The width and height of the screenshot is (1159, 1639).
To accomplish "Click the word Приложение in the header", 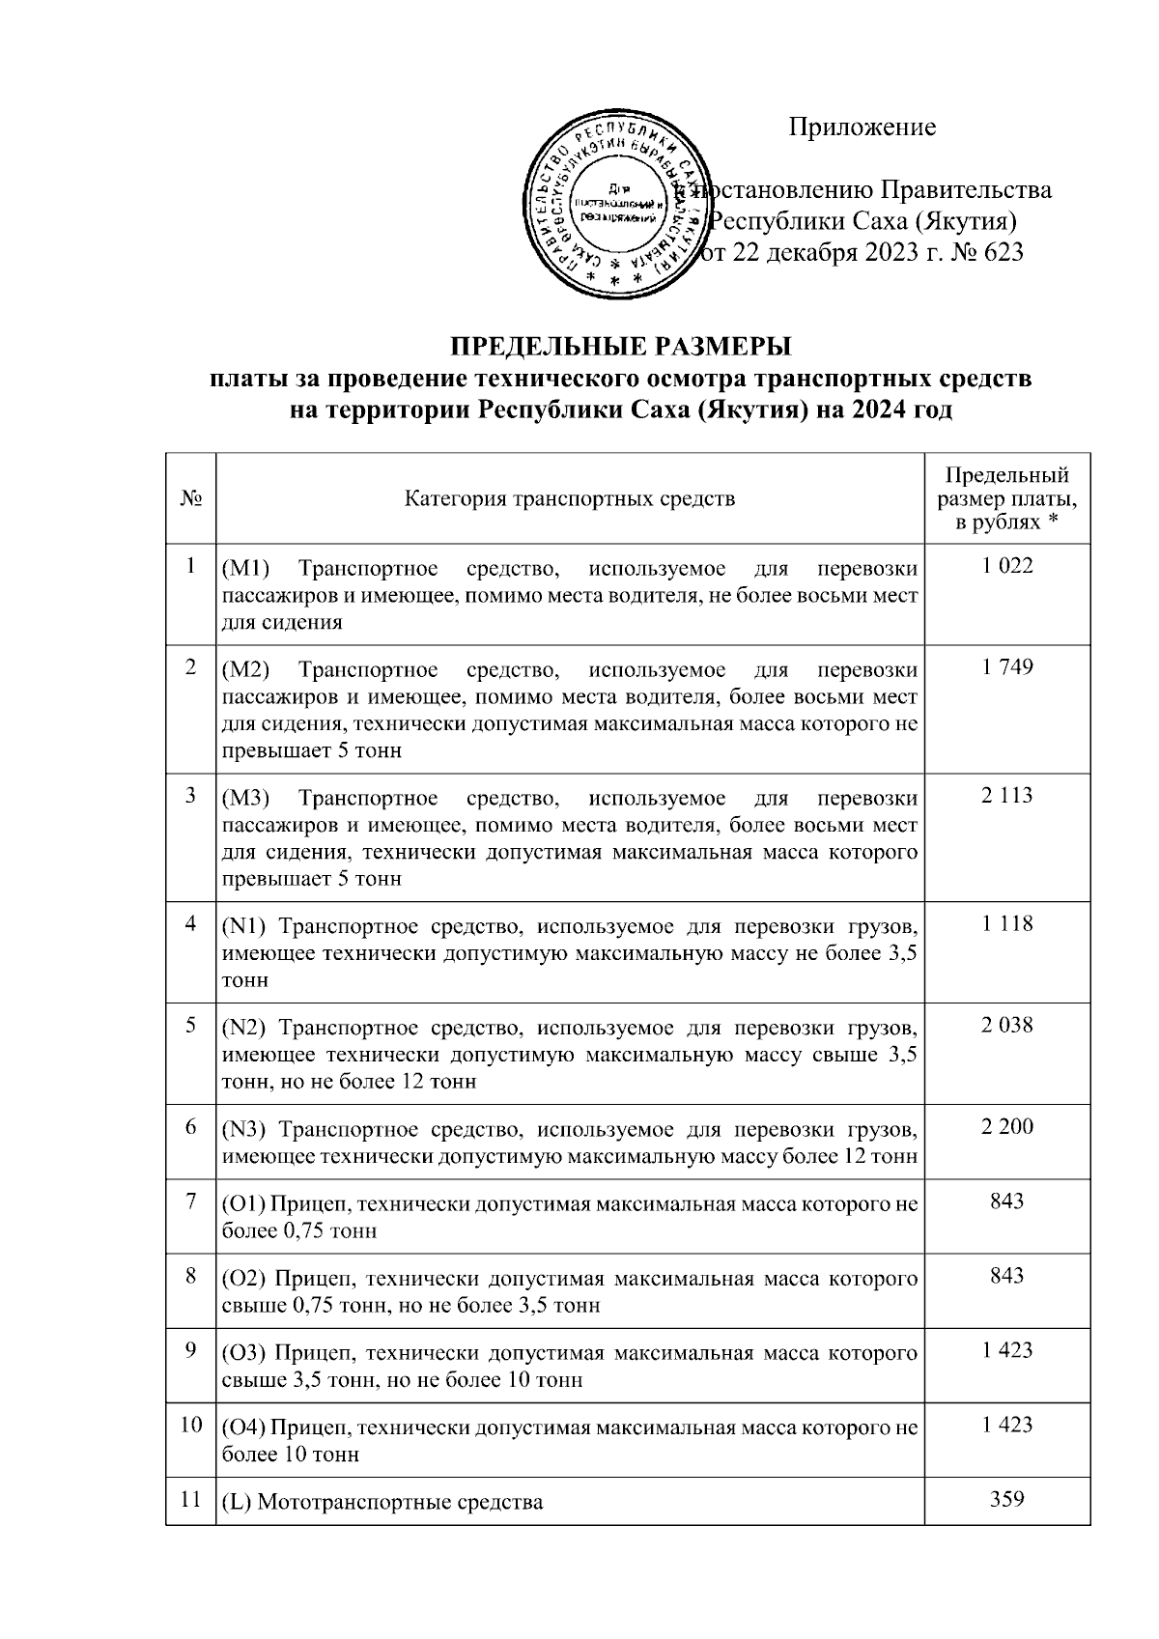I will (862, 127).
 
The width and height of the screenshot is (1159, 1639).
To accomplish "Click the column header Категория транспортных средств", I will (569, 499).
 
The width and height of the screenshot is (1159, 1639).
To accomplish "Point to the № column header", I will (190, 499).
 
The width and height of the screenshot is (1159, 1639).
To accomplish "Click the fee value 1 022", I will (1007, 567).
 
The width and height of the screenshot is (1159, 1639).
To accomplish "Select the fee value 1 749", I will (1007, 667).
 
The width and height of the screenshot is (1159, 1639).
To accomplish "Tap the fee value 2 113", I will (1007, 796).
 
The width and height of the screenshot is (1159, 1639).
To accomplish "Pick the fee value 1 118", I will (1007, 924).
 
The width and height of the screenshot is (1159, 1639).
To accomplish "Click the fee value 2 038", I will (1007, 1026).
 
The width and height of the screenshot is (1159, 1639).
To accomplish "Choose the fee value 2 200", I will (1007, 1126).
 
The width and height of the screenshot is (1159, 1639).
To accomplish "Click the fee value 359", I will (1007, 1500).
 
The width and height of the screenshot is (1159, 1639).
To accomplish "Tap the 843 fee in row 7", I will (1007, 1201).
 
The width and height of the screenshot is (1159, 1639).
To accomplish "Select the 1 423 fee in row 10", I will (1007, 1425).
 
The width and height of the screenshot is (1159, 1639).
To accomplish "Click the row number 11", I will (190, 1500).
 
